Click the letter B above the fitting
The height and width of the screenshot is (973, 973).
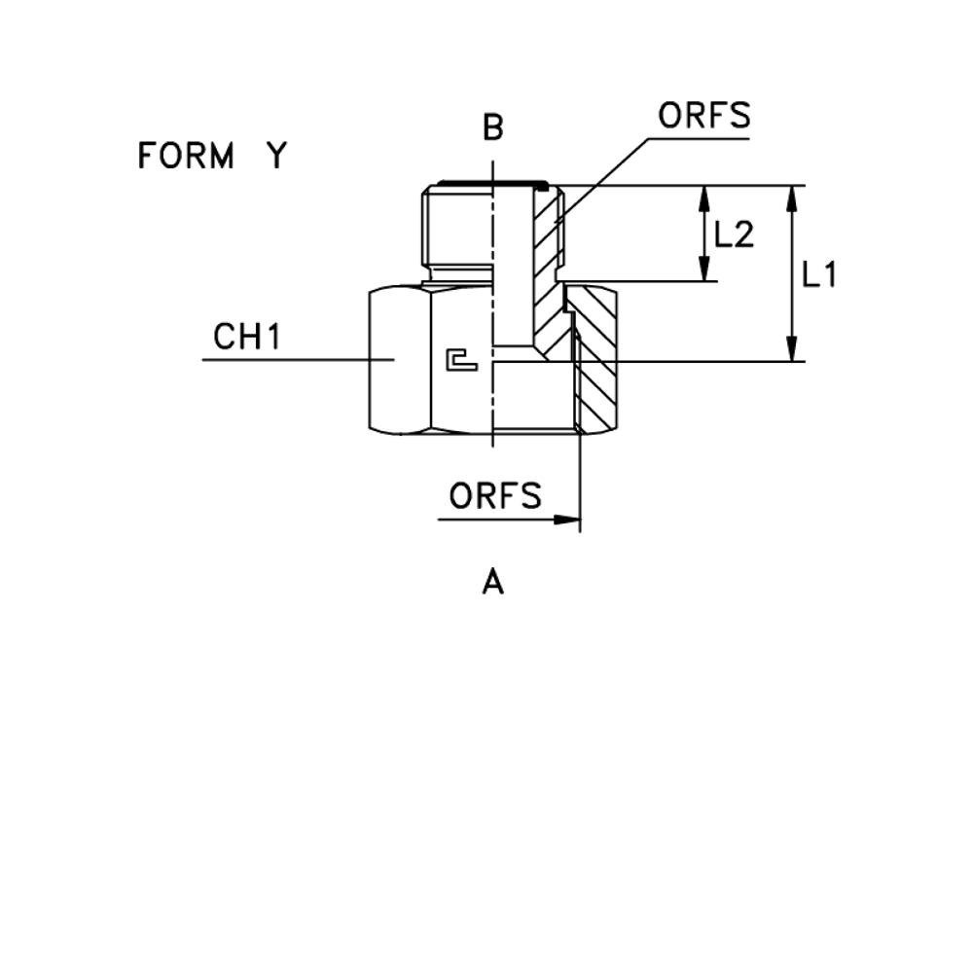coord(493,127)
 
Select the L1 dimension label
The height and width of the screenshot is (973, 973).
coord(819,275)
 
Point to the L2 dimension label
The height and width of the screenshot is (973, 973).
coord(735,234)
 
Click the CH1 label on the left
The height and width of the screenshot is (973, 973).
coord(247,339)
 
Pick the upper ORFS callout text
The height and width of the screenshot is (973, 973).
coord(703,117)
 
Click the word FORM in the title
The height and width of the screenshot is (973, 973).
coord(188,156)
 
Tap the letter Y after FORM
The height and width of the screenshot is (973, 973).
coord(276,156)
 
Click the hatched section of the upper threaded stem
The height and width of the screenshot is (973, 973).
coord(548,234)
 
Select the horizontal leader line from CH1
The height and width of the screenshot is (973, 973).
coord(282,360)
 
